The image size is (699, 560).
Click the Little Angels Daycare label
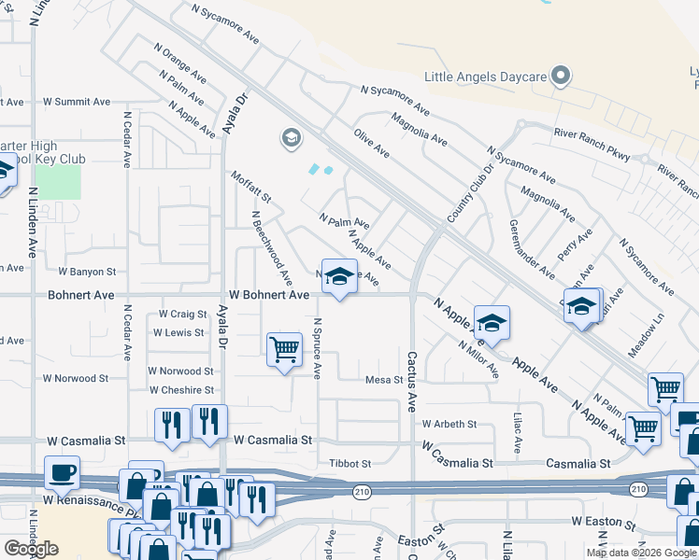pos(485,77)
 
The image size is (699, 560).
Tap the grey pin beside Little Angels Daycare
pos(560,75)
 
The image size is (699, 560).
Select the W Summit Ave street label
pos(77,102)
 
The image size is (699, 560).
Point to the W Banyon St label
pos(86,273)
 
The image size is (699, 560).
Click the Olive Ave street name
pos(371,143)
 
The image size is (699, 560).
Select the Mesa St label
pos(383,380)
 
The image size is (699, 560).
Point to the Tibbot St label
pos(350,463)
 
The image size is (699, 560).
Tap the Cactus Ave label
pos(411,381)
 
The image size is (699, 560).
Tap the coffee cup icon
pos(63,471)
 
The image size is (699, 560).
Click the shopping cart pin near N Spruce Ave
pos(284,350)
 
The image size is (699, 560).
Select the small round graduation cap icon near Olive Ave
pos(291,139)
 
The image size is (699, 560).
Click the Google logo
pos(31,549)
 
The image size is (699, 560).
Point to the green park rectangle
pos(58,182)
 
